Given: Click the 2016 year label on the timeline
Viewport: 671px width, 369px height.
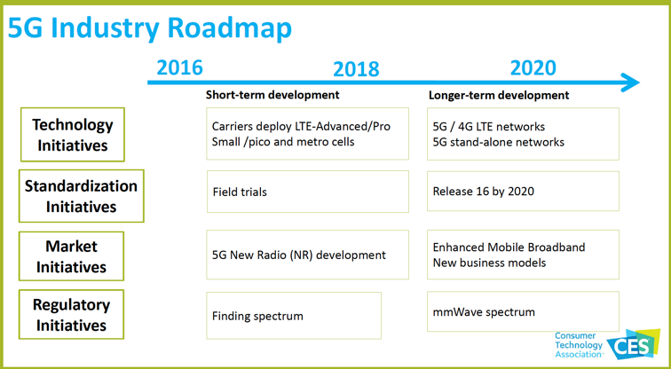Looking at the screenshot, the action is click(179, 67).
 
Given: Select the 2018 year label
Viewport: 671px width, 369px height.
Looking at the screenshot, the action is click(356, 69).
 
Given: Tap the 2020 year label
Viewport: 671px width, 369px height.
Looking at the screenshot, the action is click(533, 67).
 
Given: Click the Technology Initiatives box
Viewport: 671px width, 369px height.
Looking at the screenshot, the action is click(72, 135).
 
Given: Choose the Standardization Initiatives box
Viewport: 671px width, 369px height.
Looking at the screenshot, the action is click(82, 196).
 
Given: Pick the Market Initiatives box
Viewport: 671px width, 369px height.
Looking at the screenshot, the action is click(71, 256).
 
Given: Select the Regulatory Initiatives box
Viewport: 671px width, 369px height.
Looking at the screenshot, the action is click(71, 315).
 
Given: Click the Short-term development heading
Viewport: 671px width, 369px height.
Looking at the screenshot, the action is click(272, 95).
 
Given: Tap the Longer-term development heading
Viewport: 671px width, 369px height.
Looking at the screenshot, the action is click(499, 95).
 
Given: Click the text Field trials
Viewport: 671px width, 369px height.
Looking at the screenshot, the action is click(240, 192).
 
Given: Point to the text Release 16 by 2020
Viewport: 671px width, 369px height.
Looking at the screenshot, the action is click(484, 191).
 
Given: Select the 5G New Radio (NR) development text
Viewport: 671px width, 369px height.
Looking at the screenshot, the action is click(299, 255).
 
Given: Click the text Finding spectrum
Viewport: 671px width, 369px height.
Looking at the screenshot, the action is click(257, 317).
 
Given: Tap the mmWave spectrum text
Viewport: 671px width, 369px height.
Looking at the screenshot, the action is click(484, 312).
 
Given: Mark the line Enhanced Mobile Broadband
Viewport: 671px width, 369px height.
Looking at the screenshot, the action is click(509, 247).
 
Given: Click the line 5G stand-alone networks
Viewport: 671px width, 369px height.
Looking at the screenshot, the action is click(499, 142).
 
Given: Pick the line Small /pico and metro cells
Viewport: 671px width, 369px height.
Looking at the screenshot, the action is click(283, 142).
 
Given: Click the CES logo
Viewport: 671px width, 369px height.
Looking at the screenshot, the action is click(634, 345).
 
